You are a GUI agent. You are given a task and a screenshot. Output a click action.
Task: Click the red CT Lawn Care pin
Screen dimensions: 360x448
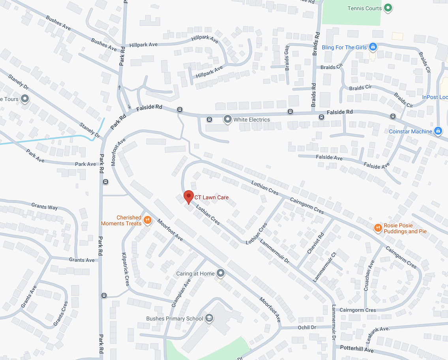coord(189,196)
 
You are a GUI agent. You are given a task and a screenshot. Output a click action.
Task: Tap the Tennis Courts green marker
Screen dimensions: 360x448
coord(388,7)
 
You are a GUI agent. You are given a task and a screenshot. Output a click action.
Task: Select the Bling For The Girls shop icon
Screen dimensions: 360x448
coord(372,47)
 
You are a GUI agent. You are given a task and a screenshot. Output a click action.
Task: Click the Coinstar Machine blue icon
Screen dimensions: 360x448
coord(437,131)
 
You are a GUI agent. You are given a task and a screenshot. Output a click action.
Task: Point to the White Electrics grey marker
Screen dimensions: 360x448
coord(227,119)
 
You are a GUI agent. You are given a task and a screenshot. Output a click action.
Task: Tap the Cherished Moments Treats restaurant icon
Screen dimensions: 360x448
coord(148,220)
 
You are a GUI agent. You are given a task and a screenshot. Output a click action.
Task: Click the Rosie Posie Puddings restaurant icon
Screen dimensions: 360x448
coord(378,227)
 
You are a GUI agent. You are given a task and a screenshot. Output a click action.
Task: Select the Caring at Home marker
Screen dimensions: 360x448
coord(221,273)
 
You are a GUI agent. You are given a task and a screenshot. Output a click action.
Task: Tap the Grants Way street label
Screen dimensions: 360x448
coord(44,206)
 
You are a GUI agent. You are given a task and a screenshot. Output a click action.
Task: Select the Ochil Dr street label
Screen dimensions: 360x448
coord(307,328)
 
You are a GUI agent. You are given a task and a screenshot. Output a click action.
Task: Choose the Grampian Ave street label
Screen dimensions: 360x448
coord(181,293)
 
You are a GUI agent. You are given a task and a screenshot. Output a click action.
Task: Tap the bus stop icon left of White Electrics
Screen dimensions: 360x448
coord(209,119)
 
